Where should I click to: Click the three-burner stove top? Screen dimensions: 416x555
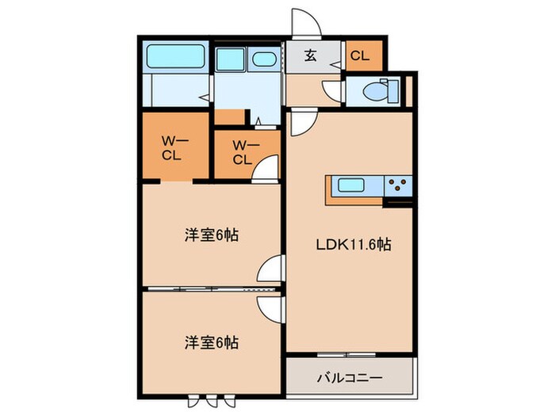[398, 187]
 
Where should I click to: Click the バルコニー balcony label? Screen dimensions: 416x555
[350, 376]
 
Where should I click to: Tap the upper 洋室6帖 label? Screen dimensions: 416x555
[211, 235]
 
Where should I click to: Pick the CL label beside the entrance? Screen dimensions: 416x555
[360, 56]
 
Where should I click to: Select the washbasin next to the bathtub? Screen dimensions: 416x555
[232, 59]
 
